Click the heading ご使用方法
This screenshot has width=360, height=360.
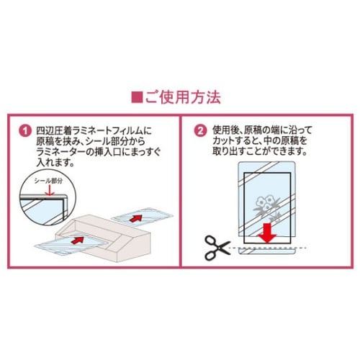tap(183, 97)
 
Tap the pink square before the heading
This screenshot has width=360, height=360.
tap(137, 97)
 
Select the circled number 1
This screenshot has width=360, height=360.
tap(25, 131)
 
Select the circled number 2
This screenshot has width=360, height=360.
tap(200, 131)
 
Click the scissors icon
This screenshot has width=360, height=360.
tap(217, 248)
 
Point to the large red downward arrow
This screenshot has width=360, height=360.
tap(268, 233)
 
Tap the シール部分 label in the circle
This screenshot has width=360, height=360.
tap(48, 181)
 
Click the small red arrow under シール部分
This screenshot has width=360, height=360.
tap(48, 190)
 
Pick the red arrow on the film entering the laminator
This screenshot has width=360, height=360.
tap(78, 240)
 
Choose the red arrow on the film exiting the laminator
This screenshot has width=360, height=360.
tap(135, 218)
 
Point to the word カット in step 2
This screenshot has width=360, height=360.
tap(223, 141)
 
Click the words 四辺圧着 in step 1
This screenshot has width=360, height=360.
tap(54, 130)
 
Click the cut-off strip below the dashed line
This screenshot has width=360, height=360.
tap(266, 251)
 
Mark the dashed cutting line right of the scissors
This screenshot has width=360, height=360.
tap(268, 247)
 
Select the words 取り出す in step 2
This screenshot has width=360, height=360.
tap(230, 151)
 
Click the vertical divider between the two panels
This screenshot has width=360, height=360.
tap(180, 191)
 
